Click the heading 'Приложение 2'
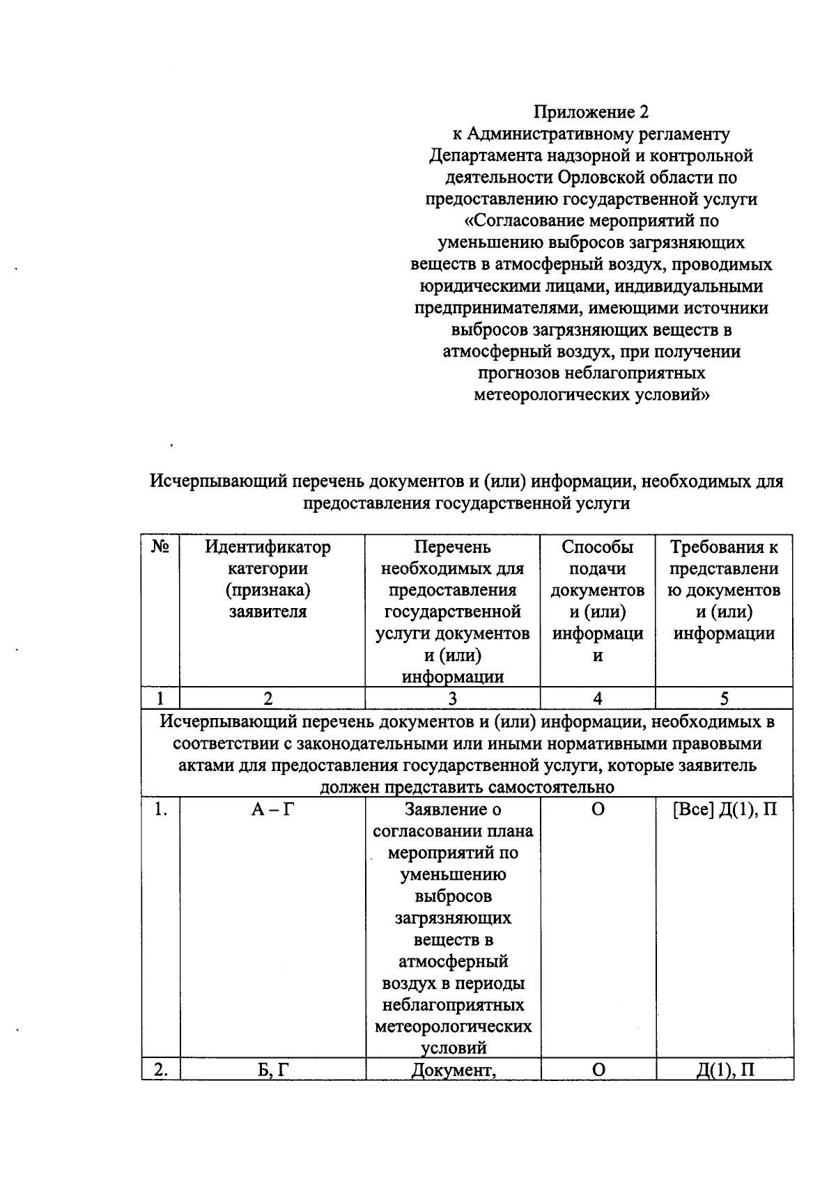click(591, 112)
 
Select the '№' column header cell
click(160, 547)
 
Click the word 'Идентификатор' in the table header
click(268, 547)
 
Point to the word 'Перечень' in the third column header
click(452, 547)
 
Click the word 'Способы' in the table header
click(597, 547)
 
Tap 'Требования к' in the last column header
click(724, 547)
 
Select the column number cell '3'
click(452, 699)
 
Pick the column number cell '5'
click(724, 699)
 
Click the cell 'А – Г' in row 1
click(271, 810)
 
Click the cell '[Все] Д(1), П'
click(724, 810)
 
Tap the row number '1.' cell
click(161, 810)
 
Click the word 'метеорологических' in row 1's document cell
click(453, 1027)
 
